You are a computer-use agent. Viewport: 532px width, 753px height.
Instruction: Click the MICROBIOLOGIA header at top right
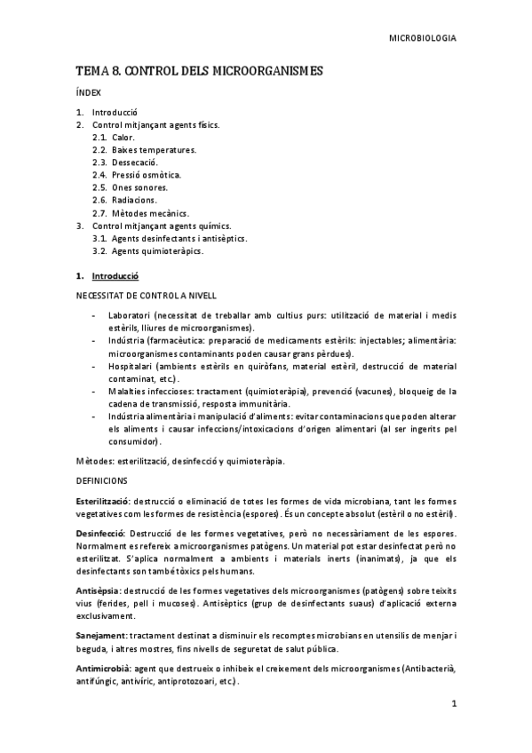pos(425,39)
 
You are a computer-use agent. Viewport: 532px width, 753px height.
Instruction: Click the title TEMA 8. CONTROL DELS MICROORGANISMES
pos(199,70)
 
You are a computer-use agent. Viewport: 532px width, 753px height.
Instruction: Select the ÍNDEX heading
pos(89,92)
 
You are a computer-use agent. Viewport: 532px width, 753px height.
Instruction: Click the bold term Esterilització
pos(104,502)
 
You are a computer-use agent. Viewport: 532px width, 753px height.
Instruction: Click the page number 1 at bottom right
pos(453,704)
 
